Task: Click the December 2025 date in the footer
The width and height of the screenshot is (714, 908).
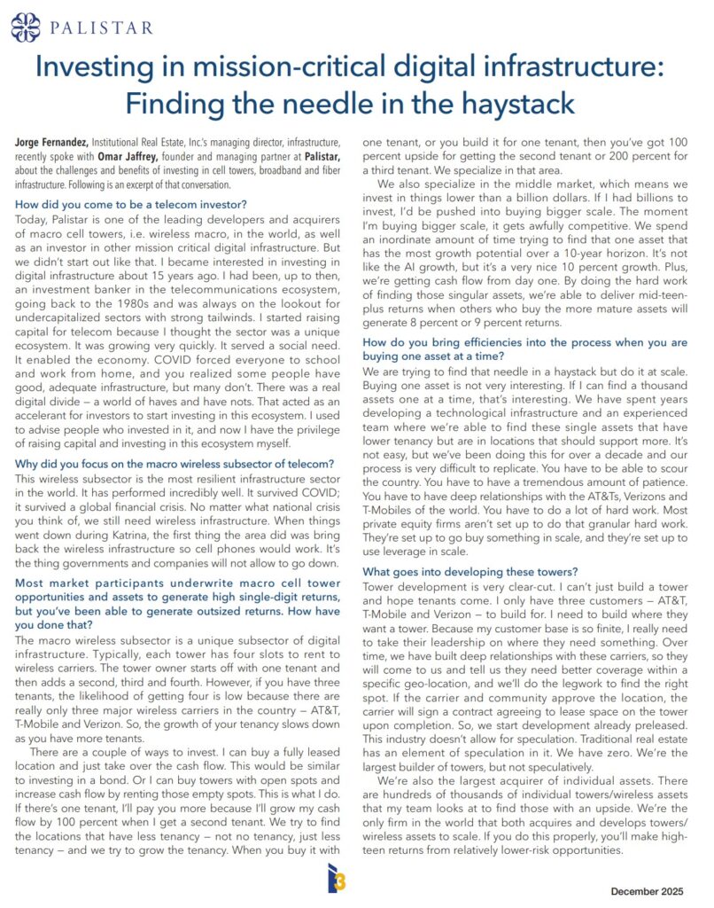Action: point(646,889)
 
